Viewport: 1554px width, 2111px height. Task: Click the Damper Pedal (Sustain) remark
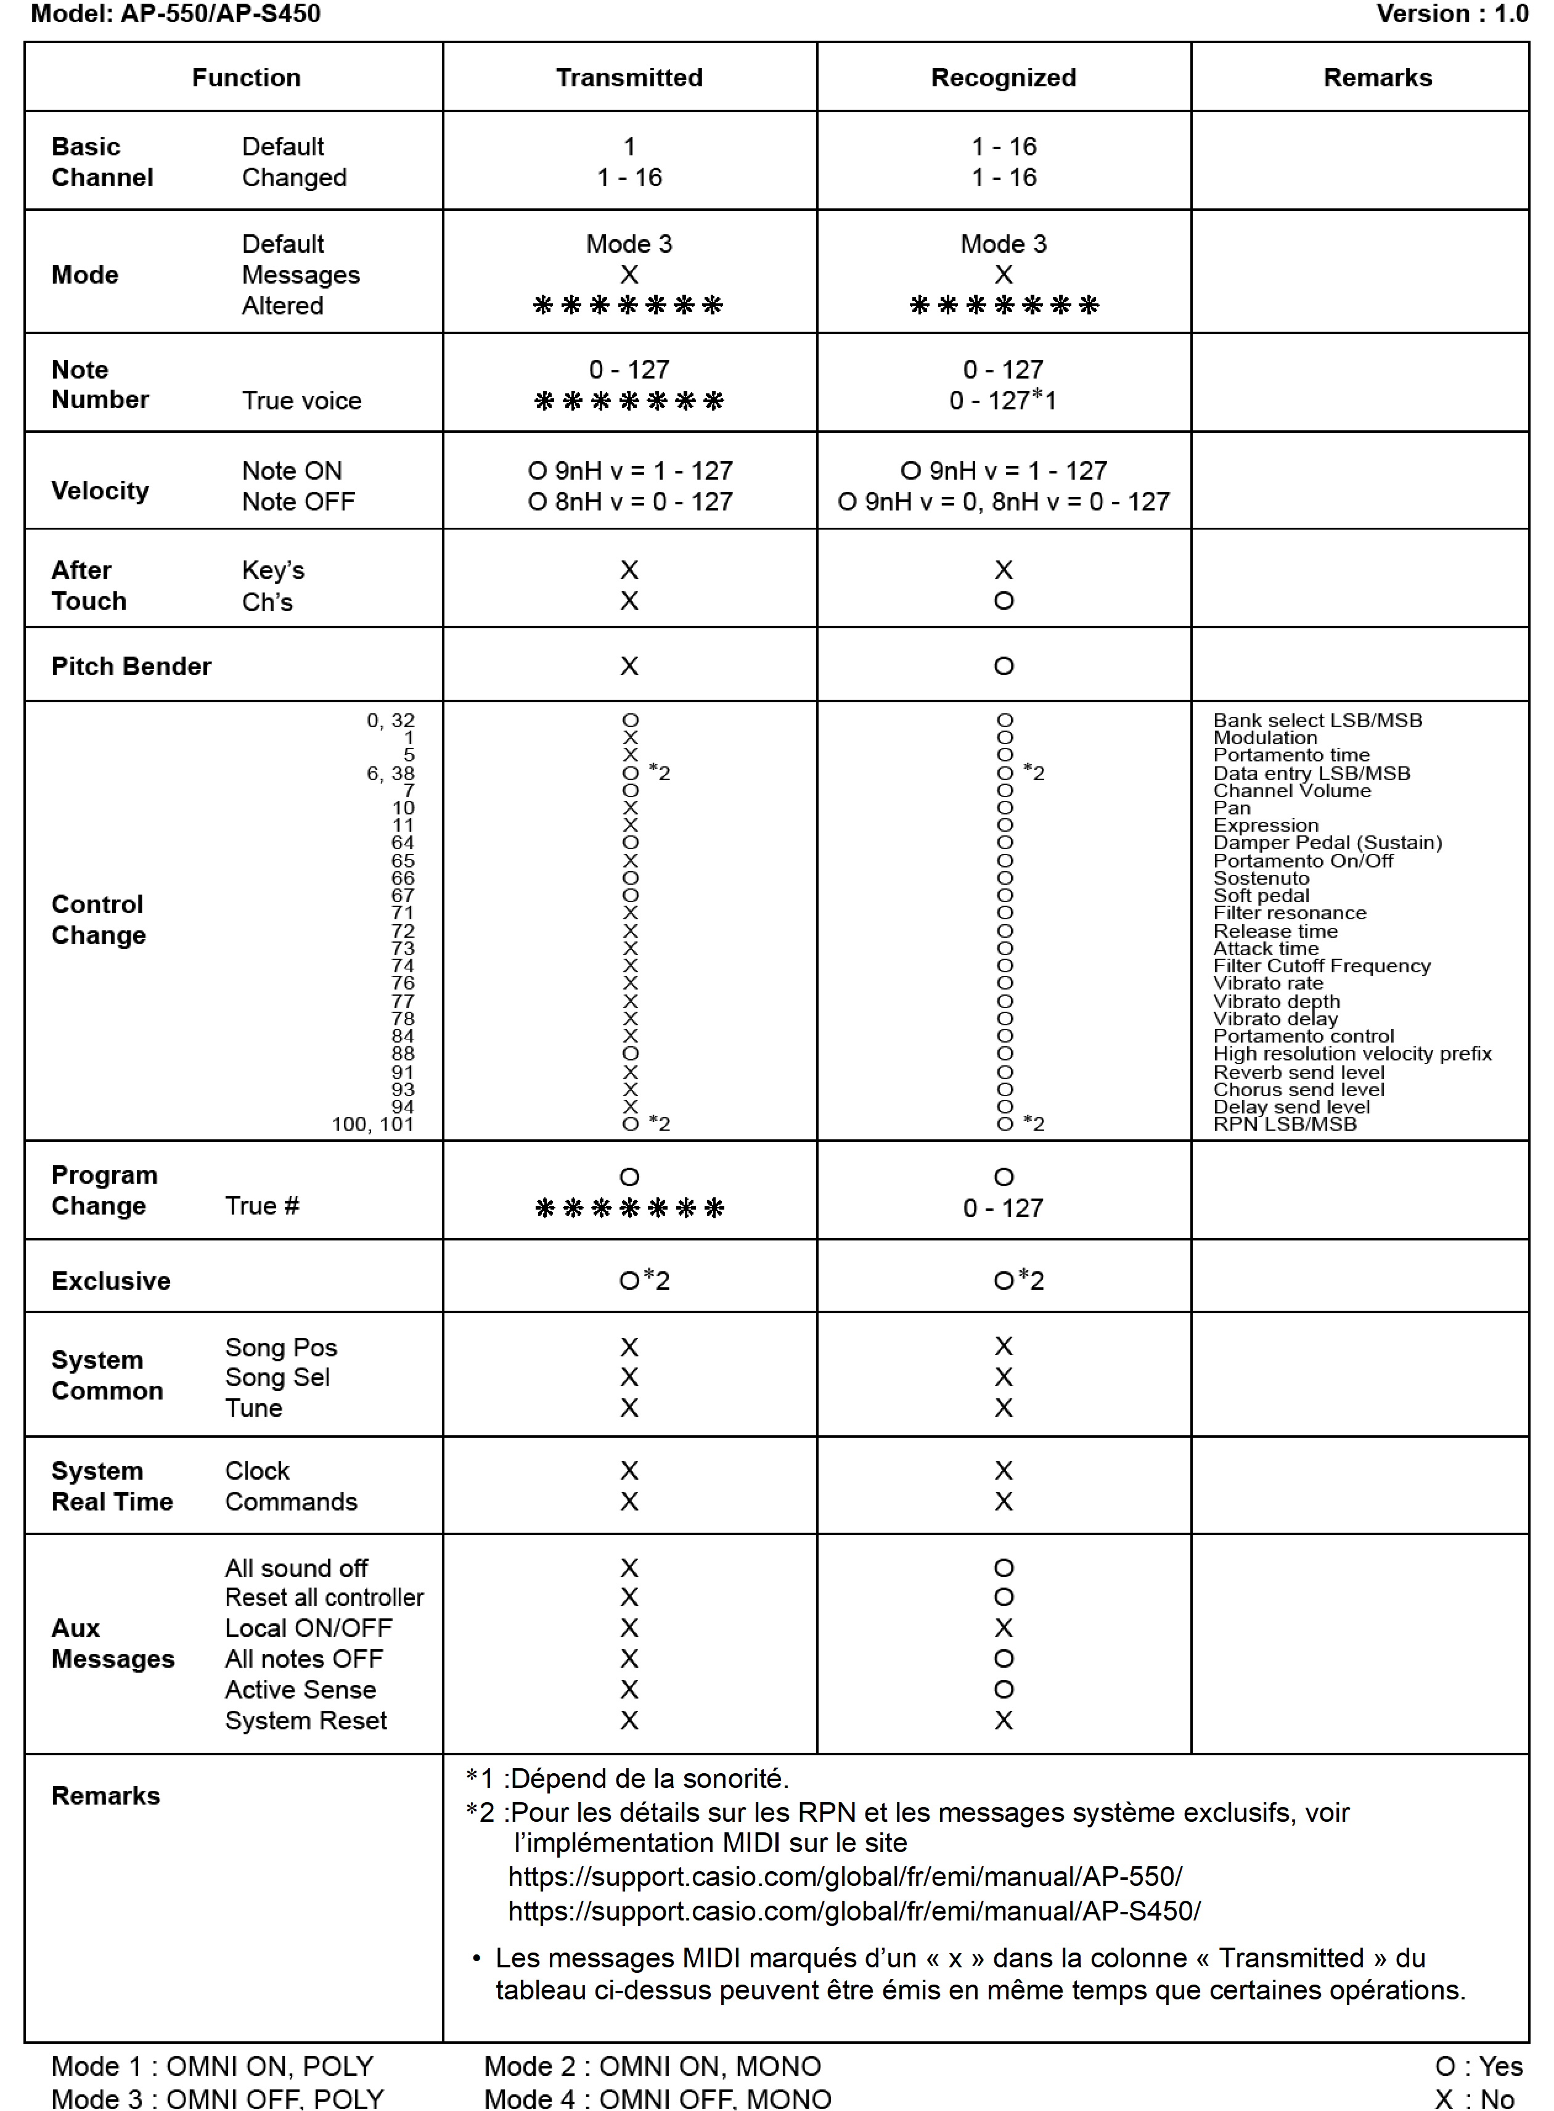1327,843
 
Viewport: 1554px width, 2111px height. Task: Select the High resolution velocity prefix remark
1352,1054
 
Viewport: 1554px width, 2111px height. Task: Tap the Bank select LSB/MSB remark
1317,721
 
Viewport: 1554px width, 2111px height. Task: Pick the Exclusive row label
111,1281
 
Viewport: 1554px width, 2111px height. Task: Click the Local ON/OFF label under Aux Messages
309,1628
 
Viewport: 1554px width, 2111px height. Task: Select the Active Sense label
300,1689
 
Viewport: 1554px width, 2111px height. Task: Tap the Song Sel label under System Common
277,1377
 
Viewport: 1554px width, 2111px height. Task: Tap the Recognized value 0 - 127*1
1003,401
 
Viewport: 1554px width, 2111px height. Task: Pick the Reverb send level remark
1298,1072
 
